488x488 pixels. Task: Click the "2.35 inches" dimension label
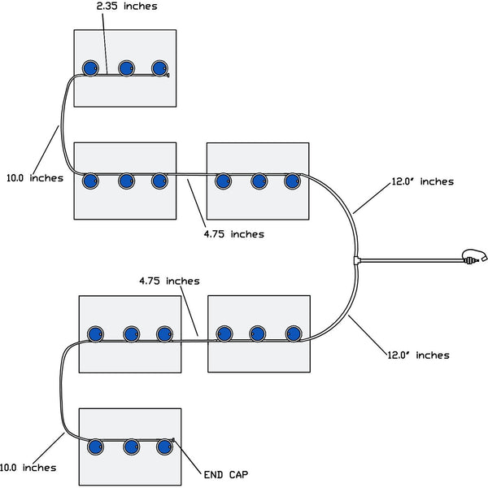pyautogui.click(x=126, y=7)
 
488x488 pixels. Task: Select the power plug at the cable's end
pyautogui.click(x=473, y=259)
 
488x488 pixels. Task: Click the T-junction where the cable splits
pyautogui.click(x=357, y=260)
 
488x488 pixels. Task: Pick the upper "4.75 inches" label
pyautogui.click(x=234, y=233)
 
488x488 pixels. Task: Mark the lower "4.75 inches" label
pyautogui.click(x=168, y=281)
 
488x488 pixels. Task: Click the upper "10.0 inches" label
pyautogui.click(x=35, y=177)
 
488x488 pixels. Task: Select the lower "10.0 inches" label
pyautogui.click(x=28, y=468)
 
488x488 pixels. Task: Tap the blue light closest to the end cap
pyautogui.click(x=165, y=447)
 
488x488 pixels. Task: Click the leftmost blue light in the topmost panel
pyautogui.click(x=91, y=68)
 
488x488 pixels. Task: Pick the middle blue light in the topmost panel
pyautogui.click(x=126, y=68)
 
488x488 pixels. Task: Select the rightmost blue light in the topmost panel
pyautogui.click(x=159, y=68)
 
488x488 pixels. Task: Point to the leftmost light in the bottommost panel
pyautogui.click(x=95, y=447)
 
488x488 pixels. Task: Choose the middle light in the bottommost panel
pyautogui.click(x=130, y=447)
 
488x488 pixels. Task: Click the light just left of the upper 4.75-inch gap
pyautogui.click(x=159, y=179)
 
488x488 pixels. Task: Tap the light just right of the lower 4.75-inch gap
pyautogui.click(x=223, y=333)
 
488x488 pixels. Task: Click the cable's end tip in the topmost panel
pyautogui.click(x=168, y=76)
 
